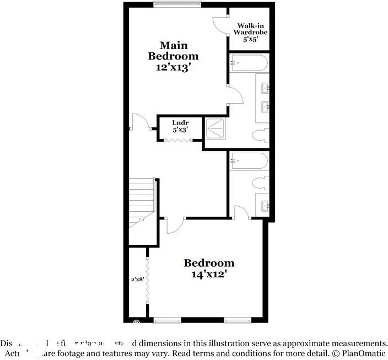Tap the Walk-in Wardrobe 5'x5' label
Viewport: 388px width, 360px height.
coord(252,33)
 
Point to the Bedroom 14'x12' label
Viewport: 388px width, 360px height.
coord(209,268)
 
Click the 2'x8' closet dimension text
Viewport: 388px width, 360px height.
coord(137,280)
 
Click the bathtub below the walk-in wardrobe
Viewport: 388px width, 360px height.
coord(249,62)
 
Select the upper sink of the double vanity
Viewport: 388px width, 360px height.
coord(265,87)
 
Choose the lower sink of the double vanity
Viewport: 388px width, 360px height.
coord(265,105)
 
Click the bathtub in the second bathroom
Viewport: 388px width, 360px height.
coord(249,161)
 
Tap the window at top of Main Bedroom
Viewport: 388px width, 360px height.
coord(176,5)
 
